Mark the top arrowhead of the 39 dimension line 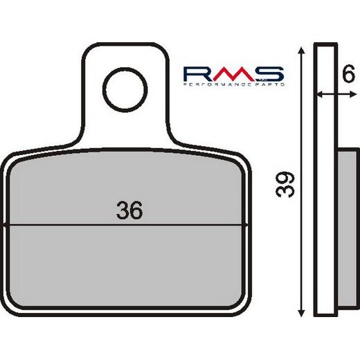(303, 51)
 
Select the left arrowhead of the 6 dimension (319, 94)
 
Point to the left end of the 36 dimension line (6, 225)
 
